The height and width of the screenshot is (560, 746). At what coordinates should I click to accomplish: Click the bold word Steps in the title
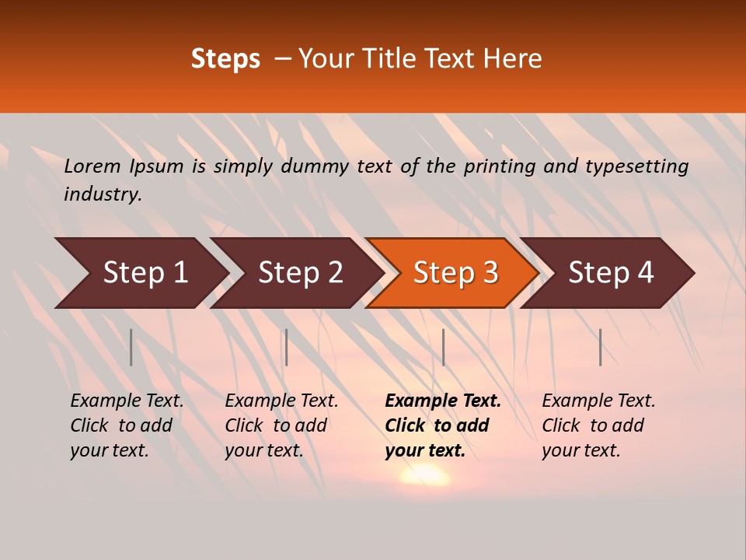pos(225,59)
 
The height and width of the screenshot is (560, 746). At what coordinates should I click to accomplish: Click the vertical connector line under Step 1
pos(131,347)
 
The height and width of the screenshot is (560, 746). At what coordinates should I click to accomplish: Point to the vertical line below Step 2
pos(287,347)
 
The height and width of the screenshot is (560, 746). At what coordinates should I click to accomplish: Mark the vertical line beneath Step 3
pos(443,347)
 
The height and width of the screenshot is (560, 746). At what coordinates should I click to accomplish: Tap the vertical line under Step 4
pos(601,347)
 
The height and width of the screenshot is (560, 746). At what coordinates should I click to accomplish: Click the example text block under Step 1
pos(127,425)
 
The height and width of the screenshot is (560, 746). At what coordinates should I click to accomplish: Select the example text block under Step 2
pos(281,425)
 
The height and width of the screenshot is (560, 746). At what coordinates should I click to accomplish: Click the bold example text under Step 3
pos(443,425)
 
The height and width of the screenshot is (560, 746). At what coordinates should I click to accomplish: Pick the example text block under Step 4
pos(598,425)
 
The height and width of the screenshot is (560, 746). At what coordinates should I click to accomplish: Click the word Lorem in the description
pos(92,166)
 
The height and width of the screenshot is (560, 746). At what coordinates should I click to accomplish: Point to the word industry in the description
pos(103,194)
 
